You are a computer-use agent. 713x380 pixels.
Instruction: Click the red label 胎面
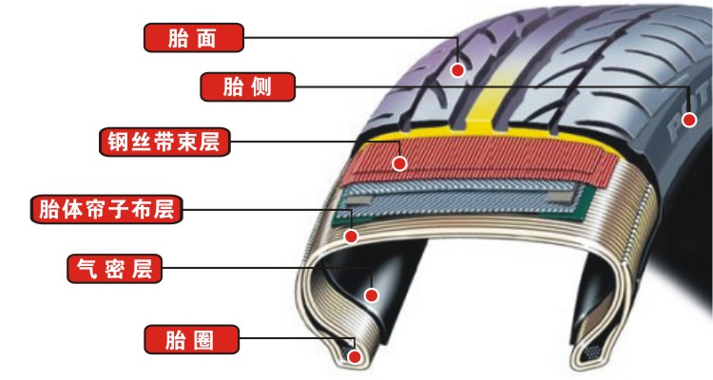pyautogui.click(x=194, y=38)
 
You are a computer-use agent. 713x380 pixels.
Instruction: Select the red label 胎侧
pyautogui.click(x=247, y=87)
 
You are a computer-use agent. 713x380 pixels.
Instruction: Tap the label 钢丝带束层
pyautogui.click(x=164, y=143)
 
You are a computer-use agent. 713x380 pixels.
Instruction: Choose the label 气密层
pyautogui.click(x=113, y=269)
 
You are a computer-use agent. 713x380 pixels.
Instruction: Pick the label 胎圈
pyautogui.click(x=191, y=338)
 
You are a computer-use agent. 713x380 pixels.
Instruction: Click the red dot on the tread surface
pyautogui.click(x=457, y=69)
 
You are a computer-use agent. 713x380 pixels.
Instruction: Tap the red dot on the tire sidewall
pyautogui.click(x=690, y=120)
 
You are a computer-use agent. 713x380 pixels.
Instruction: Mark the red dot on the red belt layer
pyautogui.click(x=400, y=163)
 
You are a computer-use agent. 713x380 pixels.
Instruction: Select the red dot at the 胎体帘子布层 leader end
pyautogui.click(x=351, y=233)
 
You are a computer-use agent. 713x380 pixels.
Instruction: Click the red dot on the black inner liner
pyautogui.click(x=372, y=294)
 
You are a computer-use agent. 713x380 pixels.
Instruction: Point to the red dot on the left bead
pyautogui.click(x=355, y=357)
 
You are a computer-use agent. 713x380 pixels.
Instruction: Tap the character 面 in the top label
pyautogui.click(x=210, y=38)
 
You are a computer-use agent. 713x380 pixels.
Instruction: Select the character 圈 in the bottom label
pyautogui.click(x=207, y=338)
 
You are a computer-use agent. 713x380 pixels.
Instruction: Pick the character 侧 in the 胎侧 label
pyautogui.click(x=262, y=87)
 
